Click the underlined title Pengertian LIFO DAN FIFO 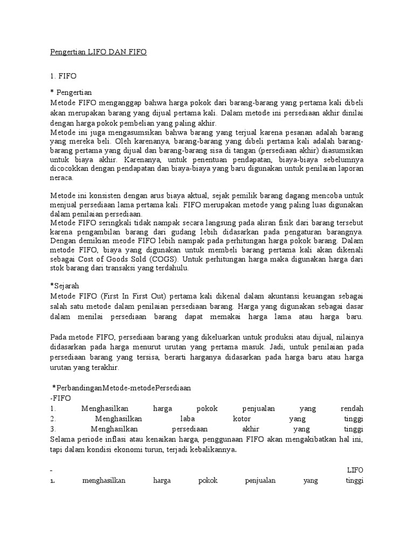coord(98,52)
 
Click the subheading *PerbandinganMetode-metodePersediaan coord(122,388)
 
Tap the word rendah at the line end coord(353,408)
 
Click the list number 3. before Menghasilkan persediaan coord(52,429)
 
